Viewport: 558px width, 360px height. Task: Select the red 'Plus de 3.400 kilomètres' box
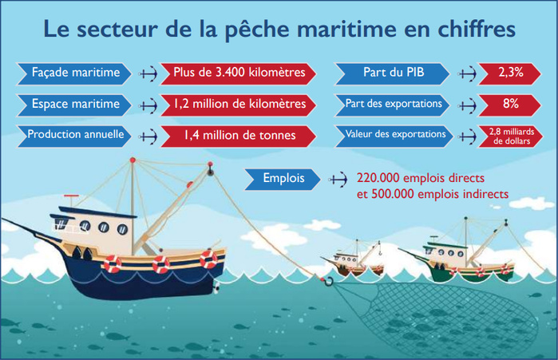[x=239, y=73]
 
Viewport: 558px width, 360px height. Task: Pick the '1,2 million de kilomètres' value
[x=239, y=104]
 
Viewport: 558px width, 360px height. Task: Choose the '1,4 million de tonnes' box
[x=239, y=135]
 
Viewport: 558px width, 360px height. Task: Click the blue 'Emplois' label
[x=283, y=179]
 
